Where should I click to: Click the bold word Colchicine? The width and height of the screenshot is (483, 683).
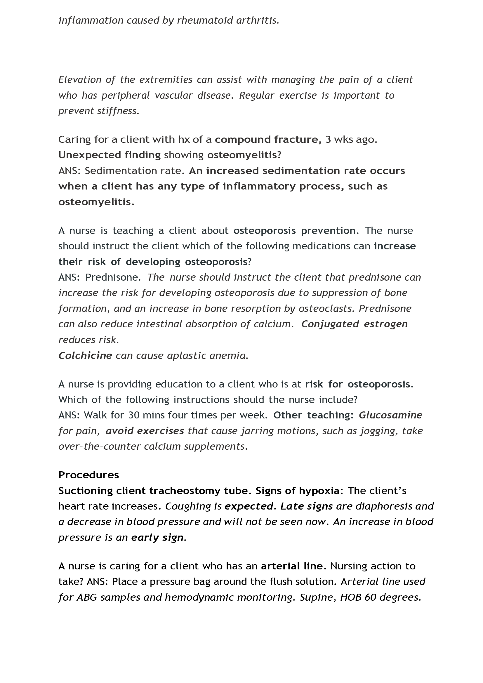click(85, 355)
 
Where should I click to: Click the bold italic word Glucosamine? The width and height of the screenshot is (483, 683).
click(390, 415)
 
